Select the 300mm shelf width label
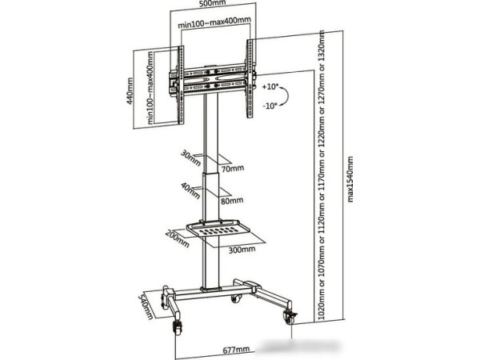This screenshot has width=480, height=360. pos(242,249)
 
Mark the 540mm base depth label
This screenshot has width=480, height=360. pos(147,304)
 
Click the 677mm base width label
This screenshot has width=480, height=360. pos(237,350)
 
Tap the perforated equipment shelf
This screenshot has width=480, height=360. pos(221,230)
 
